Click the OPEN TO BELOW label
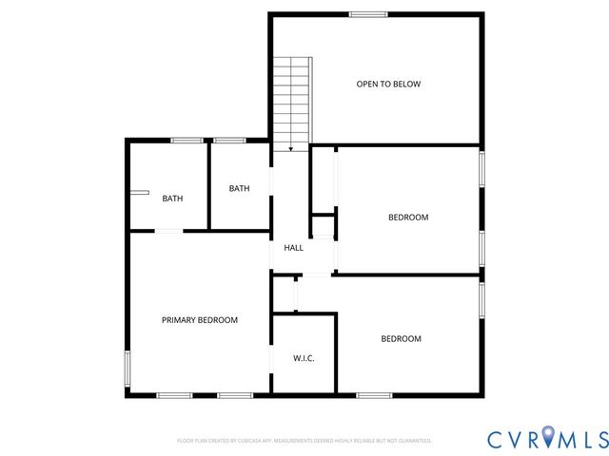pyautogui.click(x=388, y=84)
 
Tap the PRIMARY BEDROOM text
pyautogui.click(x=199, y=320)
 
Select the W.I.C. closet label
pyautogui.click(x=304, y=357)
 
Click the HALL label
pyautogui.click(x=293, y=248)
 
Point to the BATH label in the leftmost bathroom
pyautogui.click(x=172, y=199)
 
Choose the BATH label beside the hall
pyautogui.click(x=239, y=188)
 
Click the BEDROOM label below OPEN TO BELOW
pyautogui.click(x=407, y=218)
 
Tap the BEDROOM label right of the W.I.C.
pyautogui.click(x=401, y=339)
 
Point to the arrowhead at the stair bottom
pyautogui.click(x=290, y=148)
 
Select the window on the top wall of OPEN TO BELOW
pyautogui.click(x=367, y=13)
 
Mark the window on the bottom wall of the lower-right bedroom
pyautogui.click(x=373, y=394)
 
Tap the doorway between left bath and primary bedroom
pyautogui.click(x=169, y=231)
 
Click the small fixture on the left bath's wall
pyautogui.click(x=140, y=192)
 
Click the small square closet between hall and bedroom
pyautogui.click(x=324, y=227)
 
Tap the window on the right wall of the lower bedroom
pyautogui.click(x=482, y=297)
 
